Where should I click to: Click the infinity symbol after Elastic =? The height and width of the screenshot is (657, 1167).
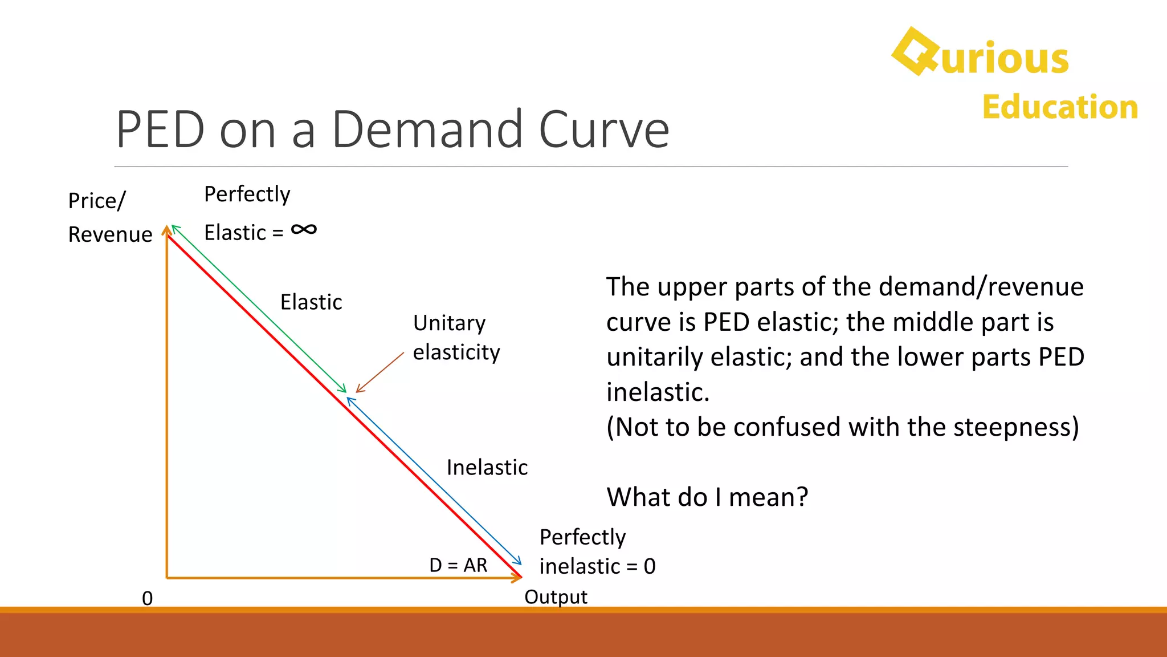point(304,230)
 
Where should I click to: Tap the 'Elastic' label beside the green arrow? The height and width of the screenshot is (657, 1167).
point(311,302)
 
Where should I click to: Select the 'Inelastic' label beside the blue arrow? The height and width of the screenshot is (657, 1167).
point(487,468)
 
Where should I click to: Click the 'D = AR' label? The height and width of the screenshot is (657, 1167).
point(458,565)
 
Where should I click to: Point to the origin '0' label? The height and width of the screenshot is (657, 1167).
point(147,598)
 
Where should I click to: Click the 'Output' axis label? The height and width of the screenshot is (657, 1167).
point(556,597)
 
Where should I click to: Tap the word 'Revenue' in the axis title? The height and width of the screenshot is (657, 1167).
point(110,234)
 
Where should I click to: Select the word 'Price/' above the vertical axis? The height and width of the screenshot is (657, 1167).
point(96,201)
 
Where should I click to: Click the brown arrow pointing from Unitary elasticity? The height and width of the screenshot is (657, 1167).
point(380,372)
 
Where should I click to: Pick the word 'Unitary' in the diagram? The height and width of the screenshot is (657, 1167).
point(449,323)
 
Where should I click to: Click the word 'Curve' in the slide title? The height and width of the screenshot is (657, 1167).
point(603,130)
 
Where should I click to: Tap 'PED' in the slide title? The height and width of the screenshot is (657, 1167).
point(160,130)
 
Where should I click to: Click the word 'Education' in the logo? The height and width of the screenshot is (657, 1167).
point(1060,107)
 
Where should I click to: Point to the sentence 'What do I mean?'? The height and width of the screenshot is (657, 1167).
point(707,497)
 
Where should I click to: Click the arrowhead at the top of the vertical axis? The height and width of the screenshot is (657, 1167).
point(166,230)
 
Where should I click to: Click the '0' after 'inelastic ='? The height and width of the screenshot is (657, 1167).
point(650,566)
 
